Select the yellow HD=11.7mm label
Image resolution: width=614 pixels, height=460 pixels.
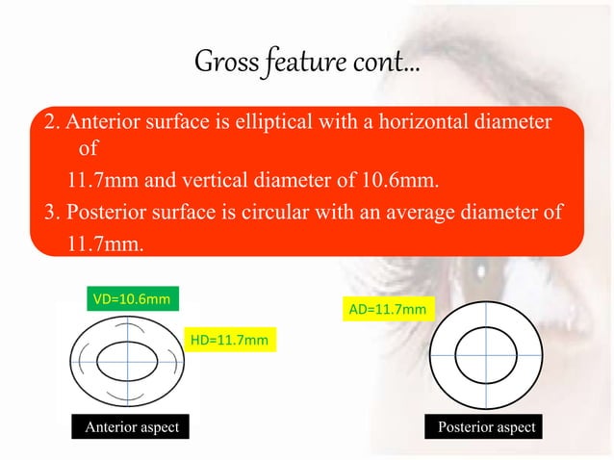pyautogui.click(x=230, y=340)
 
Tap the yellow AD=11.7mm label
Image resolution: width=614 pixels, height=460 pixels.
pyautogui.click(x=388, y=310)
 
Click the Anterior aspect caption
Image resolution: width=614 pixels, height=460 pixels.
pyautogui.click(x=133, y=426)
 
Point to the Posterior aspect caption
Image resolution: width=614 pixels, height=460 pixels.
pyautogui.click(x=486, y=426)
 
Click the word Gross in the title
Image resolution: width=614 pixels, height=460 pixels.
pyautogui.click(x=222, y=65)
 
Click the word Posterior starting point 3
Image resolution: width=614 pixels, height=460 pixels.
pyautogui.click(x=100, y=212)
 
